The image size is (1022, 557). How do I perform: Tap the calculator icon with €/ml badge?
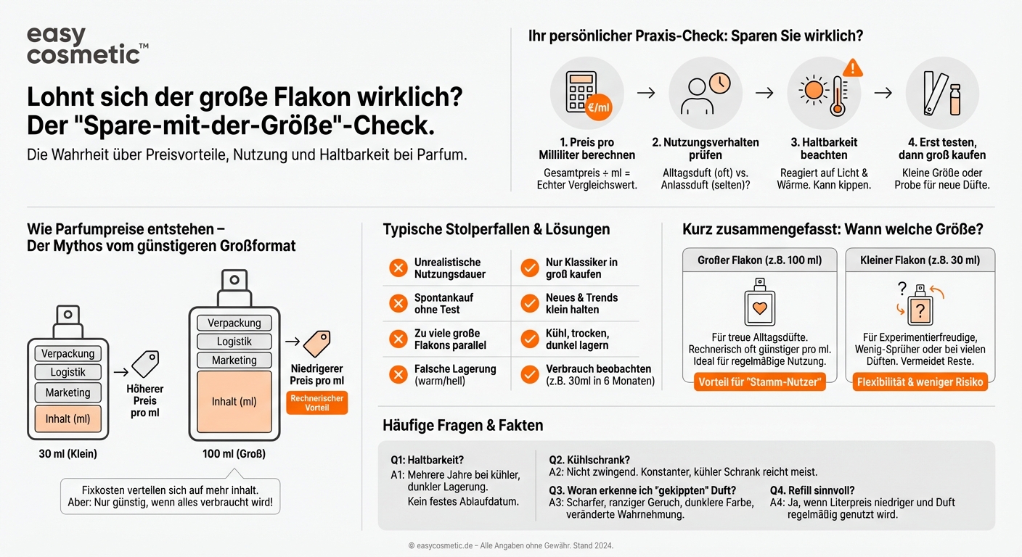click(x=584, y=94)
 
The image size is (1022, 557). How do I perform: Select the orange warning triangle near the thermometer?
click(x=854, y=67)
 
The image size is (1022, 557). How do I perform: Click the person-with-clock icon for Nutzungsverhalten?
click(x=704, y=94)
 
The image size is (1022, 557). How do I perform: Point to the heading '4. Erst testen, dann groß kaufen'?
click(x=941, y=149)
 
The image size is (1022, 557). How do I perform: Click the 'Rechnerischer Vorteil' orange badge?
click(x=317, y=403)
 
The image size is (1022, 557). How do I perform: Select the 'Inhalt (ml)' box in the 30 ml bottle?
click(x=68, y=418)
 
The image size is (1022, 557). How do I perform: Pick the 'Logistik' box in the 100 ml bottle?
click(x=234, y=342)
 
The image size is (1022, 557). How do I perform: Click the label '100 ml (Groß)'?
click(x=234, y=454)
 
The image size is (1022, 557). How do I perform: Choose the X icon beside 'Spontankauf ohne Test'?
click(x=398, y=303)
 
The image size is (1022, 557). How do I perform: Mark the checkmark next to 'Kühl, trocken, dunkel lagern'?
click(x=529, y=339)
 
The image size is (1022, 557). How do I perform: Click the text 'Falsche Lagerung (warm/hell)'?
click(x=455, y=374)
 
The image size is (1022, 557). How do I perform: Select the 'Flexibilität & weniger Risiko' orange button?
click(x=920, y=382)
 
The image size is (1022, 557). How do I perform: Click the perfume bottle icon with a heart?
click(x=760, y=303)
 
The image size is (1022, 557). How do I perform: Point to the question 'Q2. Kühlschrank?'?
click(x=589, y=459)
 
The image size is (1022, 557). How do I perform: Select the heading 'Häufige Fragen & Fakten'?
click(x=462, y=426)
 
